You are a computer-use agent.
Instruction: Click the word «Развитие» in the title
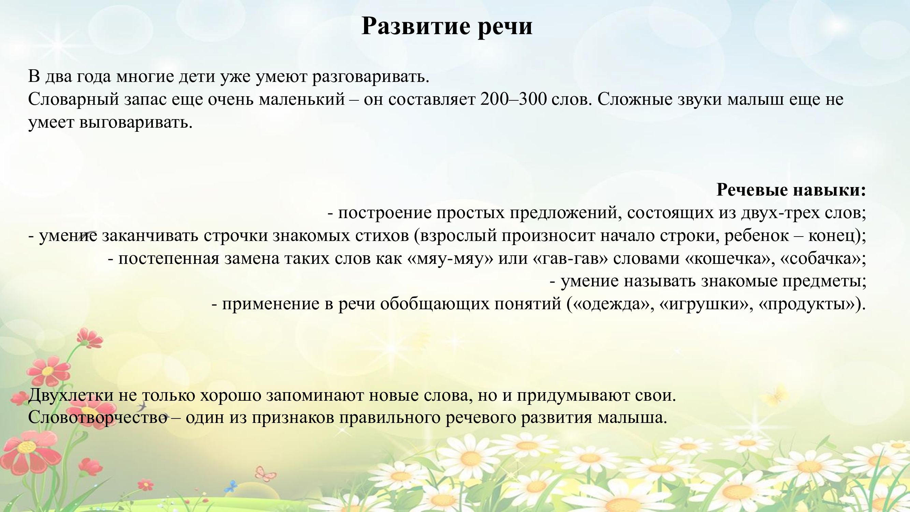pos(416,26)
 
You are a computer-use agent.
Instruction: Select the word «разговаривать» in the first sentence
pos(371,77)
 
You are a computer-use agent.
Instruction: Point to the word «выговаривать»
pos(136,123)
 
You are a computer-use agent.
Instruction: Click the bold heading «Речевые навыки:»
pos(791,190)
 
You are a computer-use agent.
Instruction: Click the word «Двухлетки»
pos(71,395)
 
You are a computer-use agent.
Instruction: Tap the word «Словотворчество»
pos(98,418)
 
